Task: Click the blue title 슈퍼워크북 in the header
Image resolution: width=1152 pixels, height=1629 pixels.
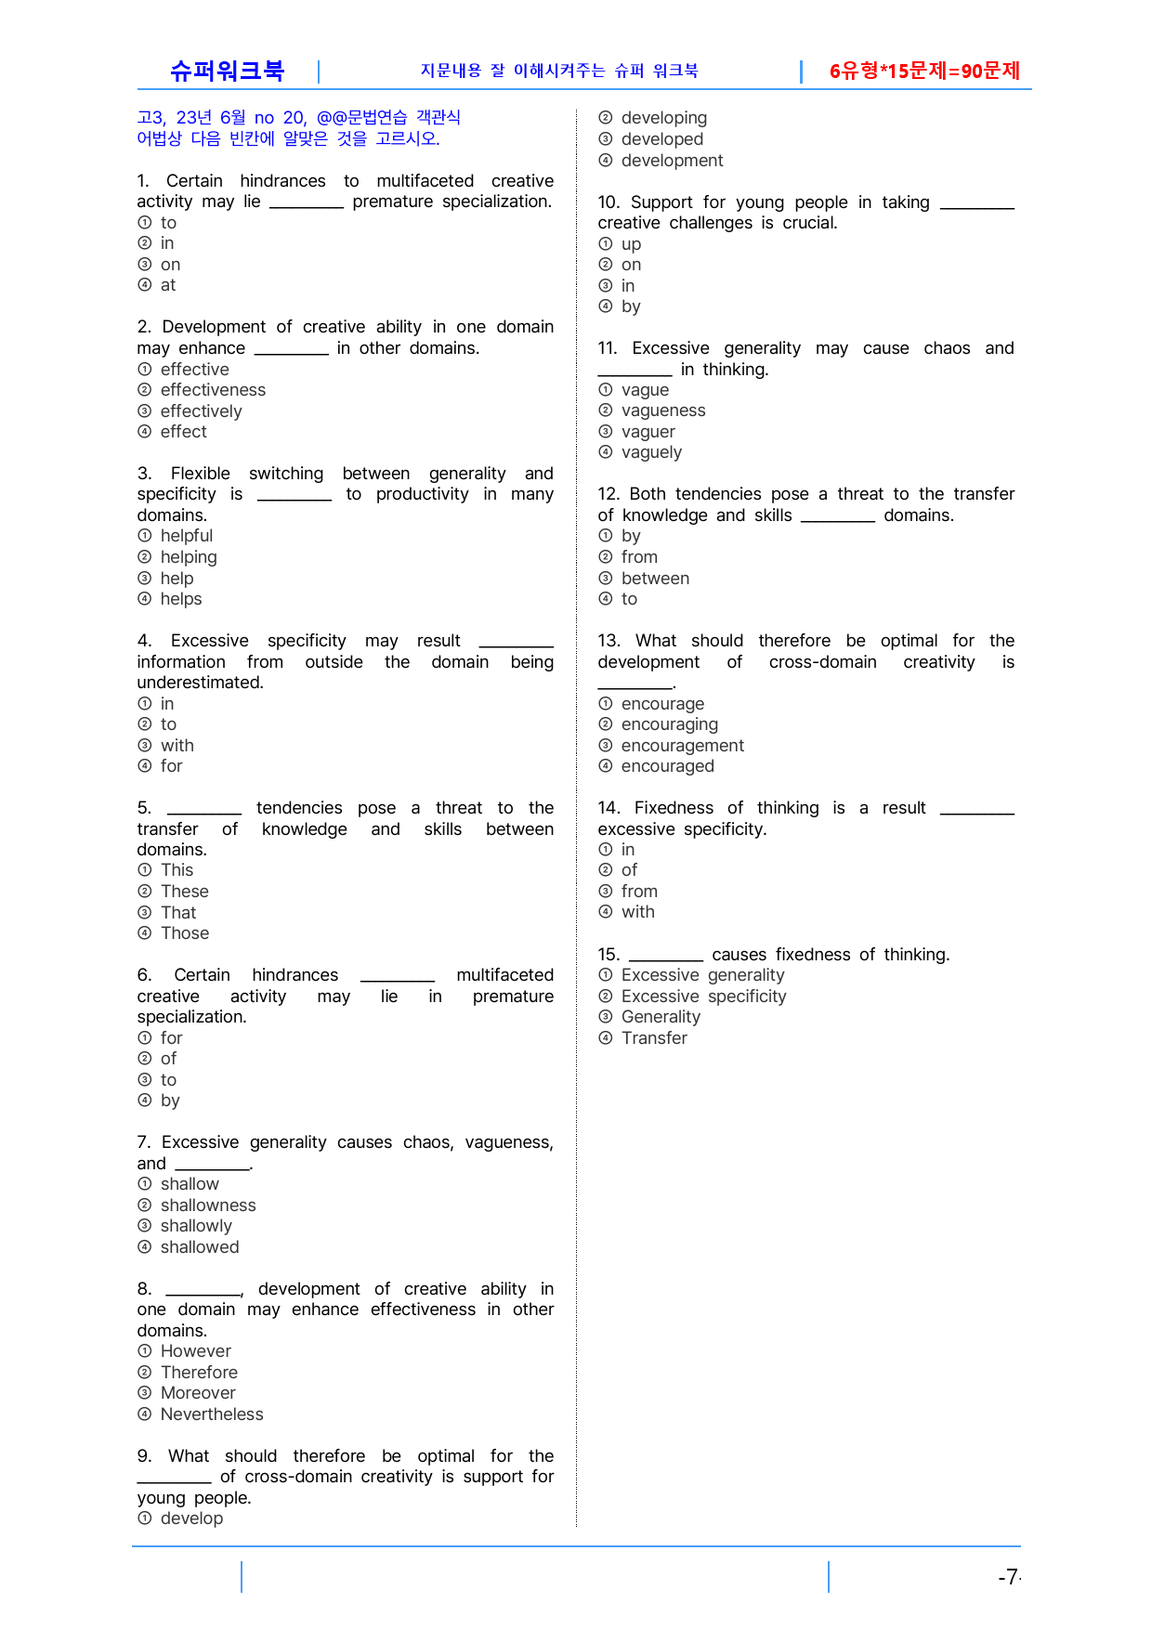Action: click(x=227, y=71)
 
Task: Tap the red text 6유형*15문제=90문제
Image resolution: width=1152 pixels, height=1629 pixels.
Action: click(x=924, y=71)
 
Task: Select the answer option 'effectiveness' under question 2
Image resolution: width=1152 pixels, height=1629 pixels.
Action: click(x=213, y=390)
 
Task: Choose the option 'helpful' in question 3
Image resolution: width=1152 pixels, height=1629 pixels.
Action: click(x=186, y=536)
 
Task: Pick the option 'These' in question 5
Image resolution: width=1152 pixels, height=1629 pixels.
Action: click(x=184, y=892)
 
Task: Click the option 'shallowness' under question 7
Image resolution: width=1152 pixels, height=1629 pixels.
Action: click(x=207, y=1205)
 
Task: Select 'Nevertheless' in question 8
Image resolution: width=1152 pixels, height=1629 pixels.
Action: click(x=211, y=1414)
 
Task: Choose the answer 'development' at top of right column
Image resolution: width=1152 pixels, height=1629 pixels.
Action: click(x=672, y=161)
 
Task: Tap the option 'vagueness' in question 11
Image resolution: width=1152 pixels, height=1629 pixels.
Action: click(x=662, y=411)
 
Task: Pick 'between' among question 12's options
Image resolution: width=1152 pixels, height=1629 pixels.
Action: click(x=655, y=579)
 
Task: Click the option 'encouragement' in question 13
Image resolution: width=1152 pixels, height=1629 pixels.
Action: click(x=682, y=746)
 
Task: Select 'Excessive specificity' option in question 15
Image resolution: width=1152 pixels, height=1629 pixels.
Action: click(x=703, y=997)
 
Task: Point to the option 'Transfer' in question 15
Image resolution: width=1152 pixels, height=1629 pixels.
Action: click(x=654, y=1038)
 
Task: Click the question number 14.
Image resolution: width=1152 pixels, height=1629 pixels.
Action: click(x=609, y=808)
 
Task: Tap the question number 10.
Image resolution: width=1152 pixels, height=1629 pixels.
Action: click(x=609, y=202)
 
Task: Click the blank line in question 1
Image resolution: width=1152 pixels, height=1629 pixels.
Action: click(x=307, y=204)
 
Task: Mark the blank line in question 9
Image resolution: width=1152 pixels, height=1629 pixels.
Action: click(x=174, y=1479)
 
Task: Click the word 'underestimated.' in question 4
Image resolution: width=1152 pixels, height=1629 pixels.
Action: click(x=200, y=683)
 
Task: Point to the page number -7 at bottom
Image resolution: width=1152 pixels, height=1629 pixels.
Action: click(x=1008, y=1577)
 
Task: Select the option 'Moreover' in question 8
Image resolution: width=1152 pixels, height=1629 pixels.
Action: click(x=197, y=1393)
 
